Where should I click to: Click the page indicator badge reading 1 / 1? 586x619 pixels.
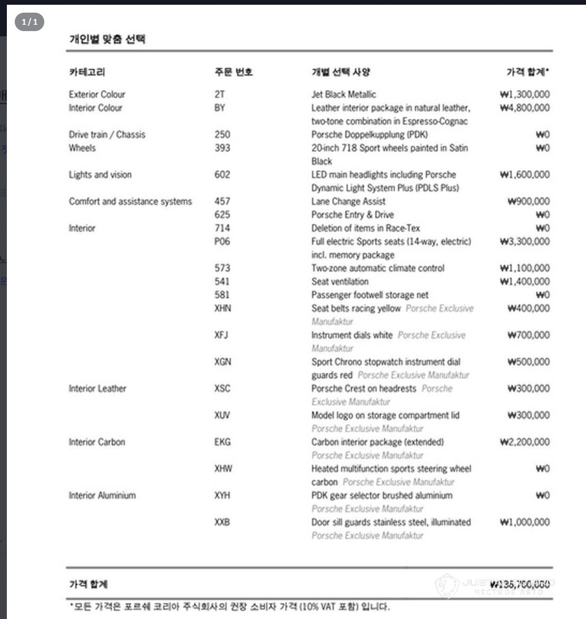click(30, 22)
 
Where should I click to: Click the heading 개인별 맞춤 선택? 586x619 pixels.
click(107, 39)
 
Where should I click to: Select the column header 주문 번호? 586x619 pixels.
click(233, 72)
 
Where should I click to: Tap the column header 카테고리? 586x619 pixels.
click(87, 72)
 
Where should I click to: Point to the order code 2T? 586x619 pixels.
click(219, 94)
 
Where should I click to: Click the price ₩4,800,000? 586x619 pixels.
click(524, 107)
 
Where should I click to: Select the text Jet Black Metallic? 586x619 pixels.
click(344, 94)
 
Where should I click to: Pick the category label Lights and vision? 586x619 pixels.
click(100, 174)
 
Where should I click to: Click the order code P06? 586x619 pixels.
click(222, 241)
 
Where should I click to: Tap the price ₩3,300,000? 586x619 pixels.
click(524, 241)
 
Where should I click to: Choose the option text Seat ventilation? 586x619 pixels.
click(340, 281)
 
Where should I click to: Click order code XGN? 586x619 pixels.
click(222, 362)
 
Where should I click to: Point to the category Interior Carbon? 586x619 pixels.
click(97, 442)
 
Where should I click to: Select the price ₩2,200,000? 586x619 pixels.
click(524, 442)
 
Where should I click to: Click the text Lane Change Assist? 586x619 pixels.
click(348, 201)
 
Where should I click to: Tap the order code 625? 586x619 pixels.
click(222, 214)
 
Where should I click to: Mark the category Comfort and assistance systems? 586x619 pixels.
click(130, 201)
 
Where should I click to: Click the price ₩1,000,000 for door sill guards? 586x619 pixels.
click(524, 522)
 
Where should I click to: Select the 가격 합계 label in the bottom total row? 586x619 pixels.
click(89, 584)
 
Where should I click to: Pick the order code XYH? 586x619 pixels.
click(222, 495)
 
